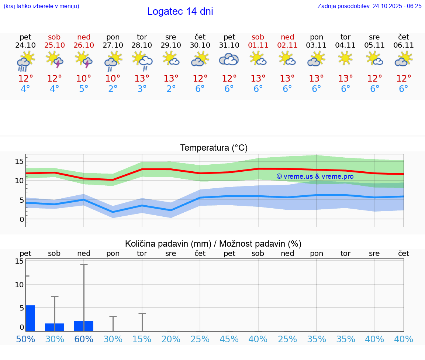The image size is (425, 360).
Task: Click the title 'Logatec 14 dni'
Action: pos(180,11)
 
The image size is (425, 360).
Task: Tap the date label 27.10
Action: pos(113,45)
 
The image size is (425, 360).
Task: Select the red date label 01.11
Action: pos(258,45)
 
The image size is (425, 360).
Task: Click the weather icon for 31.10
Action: pos(229,59)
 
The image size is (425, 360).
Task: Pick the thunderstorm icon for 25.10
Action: pos(55,59)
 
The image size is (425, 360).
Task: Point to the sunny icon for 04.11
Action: pos(345,58)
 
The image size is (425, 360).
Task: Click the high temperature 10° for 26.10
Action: pos(84,79)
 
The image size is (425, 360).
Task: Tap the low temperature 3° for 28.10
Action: pos(142,89)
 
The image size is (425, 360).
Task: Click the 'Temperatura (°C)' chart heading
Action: pos(214,148)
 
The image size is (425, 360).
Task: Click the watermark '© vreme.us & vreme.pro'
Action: pos(315,176)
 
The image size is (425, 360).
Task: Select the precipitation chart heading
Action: pos(213,244)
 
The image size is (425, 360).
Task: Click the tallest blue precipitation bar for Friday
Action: pos(31,318)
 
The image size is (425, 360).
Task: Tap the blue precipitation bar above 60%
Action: pos(84,326)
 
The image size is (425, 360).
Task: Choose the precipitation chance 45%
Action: pos(229,339)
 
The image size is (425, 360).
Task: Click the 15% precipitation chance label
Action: pos(142,339)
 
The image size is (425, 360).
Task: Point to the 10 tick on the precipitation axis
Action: pos(19,285)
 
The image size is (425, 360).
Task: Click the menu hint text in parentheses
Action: pos(41,6)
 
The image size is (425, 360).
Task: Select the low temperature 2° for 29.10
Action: pos(171,89)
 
